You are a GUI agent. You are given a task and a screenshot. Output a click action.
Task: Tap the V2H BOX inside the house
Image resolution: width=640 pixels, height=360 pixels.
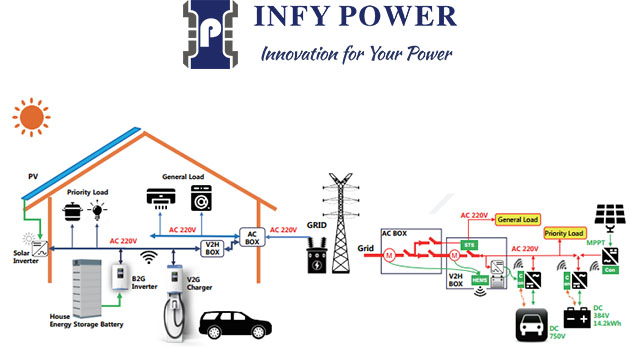(x=213, y=247)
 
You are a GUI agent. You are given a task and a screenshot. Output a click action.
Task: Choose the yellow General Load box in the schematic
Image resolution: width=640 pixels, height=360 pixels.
(x=517, y=219)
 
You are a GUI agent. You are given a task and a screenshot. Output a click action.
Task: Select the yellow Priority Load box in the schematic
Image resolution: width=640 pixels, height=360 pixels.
(x=564, y=233)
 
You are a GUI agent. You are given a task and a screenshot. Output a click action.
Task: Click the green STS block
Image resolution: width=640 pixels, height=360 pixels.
(x=468, y=243)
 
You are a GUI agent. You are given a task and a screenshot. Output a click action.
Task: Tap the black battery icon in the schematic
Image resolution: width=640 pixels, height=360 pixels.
(x=577, y=318)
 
